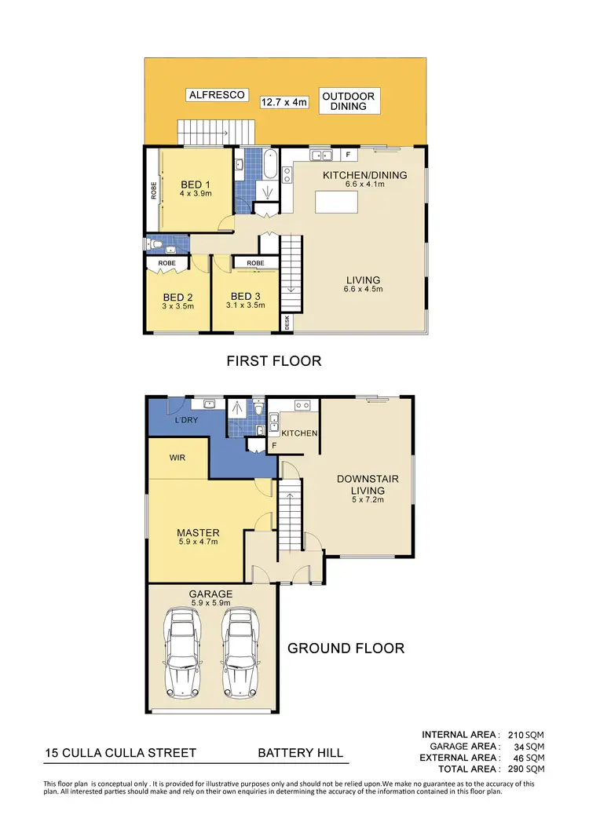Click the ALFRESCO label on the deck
point(218,95)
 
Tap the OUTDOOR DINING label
point(349,100)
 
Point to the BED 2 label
point(178,297)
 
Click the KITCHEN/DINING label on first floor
point(364,175)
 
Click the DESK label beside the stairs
point(287,322)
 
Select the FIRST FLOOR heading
point(273,361)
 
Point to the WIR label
point(177,457)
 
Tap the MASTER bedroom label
point(196,532)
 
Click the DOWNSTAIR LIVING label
point(360,484)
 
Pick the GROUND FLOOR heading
point(346,648)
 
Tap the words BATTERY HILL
point(301,753)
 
